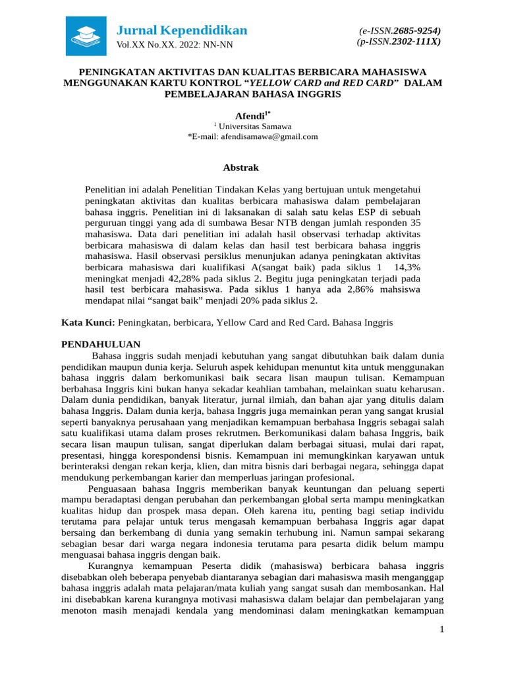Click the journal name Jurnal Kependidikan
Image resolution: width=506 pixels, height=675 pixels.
pos(182,30)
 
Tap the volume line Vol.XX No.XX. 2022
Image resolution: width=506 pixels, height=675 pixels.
pos(174,45)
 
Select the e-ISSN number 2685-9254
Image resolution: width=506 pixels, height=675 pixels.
pos(417,30)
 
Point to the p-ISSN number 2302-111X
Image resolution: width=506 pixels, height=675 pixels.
pos(417,41)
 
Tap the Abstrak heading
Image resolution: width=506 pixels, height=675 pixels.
pos(241,167)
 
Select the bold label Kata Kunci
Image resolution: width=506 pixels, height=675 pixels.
pos(88,323)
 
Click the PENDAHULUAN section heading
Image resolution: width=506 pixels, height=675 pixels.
pos(100,344)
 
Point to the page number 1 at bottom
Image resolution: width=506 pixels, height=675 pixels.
pos(443,631)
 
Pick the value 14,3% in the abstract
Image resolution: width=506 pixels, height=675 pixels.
pos(407,267)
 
